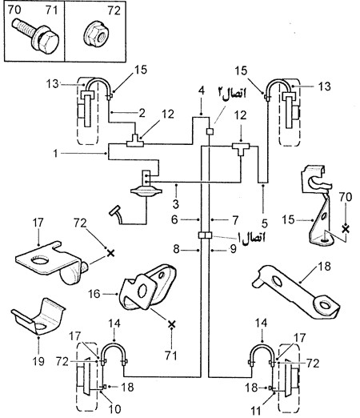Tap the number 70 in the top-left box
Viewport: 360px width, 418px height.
(14, 10)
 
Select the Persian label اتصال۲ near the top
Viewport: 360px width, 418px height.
(232, 94)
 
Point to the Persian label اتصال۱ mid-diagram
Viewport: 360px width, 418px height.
(252, 237)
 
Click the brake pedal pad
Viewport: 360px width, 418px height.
(115, 211)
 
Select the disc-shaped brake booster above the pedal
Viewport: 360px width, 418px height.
(146, 191)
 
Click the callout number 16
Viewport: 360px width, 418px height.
(94, 294)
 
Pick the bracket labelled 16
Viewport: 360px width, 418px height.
(146, 287)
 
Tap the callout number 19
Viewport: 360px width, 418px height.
(38, 361)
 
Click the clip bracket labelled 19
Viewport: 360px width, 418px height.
(38, 317)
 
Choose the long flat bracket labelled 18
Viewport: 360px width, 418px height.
(296, 291)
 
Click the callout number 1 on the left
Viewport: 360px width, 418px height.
(55, 154)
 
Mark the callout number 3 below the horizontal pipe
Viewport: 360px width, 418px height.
(175, 204)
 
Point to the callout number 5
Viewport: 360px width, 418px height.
(264, 223)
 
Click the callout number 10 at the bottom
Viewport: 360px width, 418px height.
(115, 408)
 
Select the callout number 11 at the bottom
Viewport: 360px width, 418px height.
(257, 410)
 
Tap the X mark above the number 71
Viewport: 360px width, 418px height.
(172, 324)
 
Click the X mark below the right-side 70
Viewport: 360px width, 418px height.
(346, 229)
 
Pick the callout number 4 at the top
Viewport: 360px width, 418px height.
(202, 90)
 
